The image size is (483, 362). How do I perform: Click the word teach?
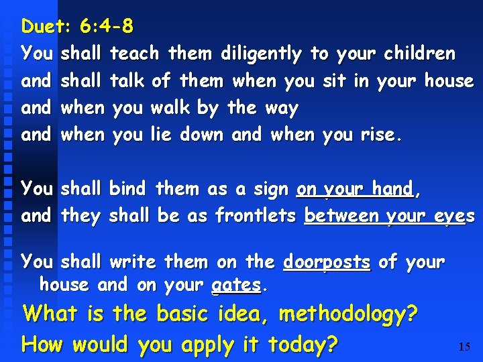tap(134, 54)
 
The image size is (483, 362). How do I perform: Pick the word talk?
tap(127, 81)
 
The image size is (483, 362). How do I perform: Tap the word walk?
tap(170, 108)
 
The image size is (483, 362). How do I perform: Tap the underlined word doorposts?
tap(326, 262)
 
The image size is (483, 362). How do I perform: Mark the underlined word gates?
tap(236, 285)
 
